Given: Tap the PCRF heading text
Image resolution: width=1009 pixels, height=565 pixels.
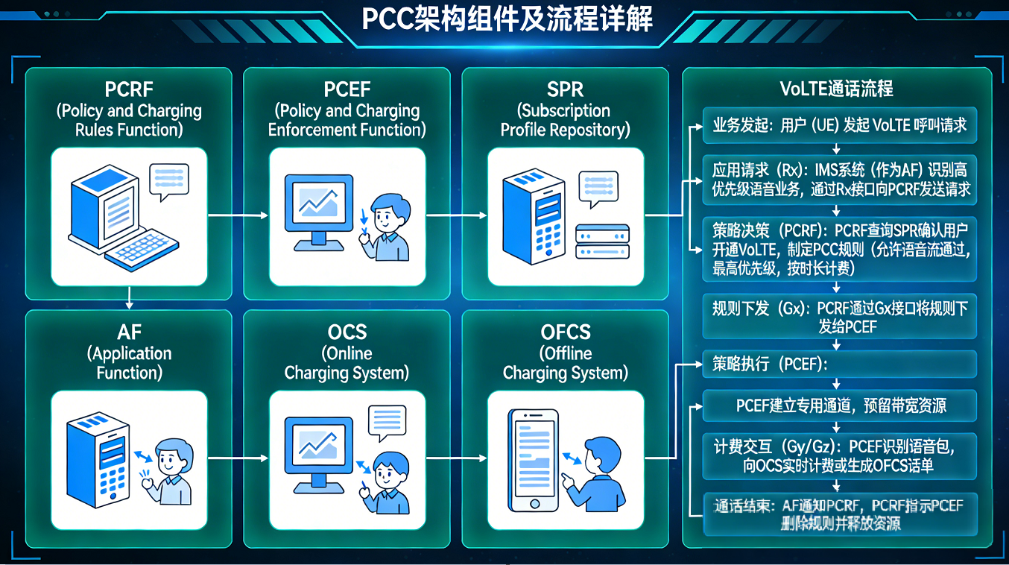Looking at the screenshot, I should [129, 89].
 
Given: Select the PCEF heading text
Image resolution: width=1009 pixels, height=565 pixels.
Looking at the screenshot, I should [347, 89].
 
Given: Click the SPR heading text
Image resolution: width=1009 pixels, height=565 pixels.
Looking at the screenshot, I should [565, 89].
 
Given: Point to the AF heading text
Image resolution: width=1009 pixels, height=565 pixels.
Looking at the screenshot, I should [129, 332].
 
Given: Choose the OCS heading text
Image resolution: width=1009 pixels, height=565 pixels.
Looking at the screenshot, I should [347, 332].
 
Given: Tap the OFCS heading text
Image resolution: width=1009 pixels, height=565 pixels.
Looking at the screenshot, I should [565, 332].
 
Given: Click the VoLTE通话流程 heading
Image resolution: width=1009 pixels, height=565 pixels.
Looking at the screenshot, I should [836, 89].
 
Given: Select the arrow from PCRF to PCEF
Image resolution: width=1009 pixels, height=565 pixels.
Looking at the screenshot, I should [238, 215].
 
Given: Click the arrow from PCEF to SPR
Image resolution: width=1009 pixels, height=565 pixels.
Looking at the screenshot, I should [456, 215].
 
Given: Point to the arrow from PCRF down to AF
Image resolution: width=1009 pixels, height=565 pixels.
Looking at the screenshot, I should [130, 298].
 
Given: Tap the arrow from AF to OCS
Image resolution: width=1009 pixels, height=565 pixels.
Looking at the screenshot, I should [238, 458].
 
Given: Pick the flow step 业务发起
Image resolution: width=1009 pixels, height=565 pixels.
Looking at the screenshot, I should [840, 125].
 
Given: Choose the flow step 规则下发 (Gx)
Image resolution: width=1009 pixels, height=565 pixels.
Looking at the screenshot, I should [840, 317].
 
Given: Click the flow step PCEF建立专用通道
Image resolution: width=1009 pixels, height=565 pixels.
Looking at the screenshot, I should [840, 405].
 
